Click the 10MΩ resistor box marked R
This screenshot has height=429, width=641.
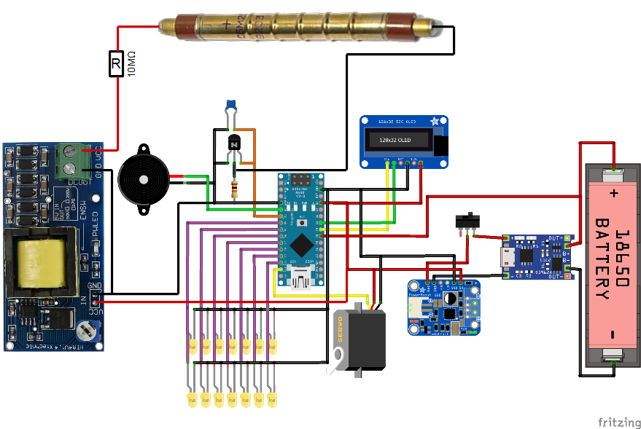(x=116, y=64)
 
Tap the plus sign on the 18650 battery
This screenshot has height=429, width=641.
(x=613, y=193)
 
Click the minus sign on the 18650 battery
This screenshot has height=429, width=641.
(x=613, y=334)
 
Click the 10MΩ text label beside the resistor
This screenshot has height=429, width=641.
(x=132, y=65)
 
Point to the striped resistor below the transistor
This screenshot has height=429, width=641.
(x=233, y=189)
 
